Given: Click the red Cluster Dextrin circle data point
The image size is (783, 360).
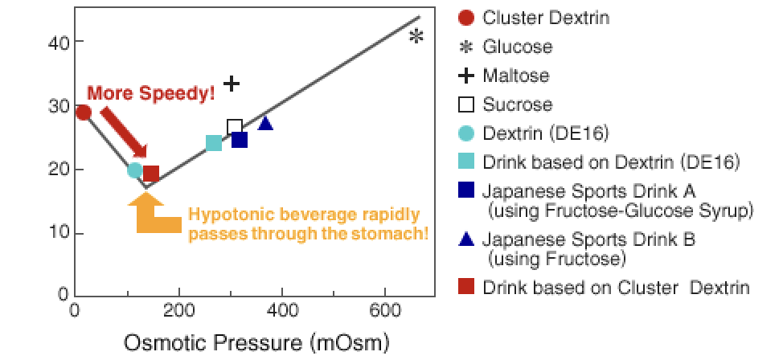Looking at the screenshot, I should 83,112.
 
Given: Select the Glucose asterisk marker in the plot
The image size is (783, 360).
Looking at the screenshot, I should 416,36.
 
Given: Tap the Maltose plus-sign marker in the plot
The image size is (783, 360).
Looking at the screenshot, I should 232,83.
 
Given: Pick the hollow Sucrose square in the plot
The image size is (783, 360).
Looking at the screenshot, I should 235,126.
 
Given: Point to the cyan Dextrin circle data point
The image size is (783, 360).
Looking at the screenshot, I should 135,170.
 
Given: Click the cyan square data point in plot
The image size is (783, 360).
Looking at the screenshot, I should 214,143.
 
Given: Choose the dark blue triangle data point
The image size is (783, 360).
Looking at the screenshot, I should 266,123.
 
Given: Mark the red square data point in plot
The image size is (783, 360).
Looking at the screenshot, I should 150,174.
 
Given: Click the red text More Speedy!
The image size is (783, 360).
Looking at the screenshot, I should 151,93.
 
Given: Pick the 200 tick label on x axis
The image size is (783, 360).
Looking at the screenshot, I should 178,309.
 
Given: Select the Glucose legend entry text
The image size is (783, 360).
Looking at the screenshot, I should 517,47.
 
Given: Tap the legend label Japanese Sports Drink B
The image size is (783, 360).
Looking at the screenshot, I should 588,240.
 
